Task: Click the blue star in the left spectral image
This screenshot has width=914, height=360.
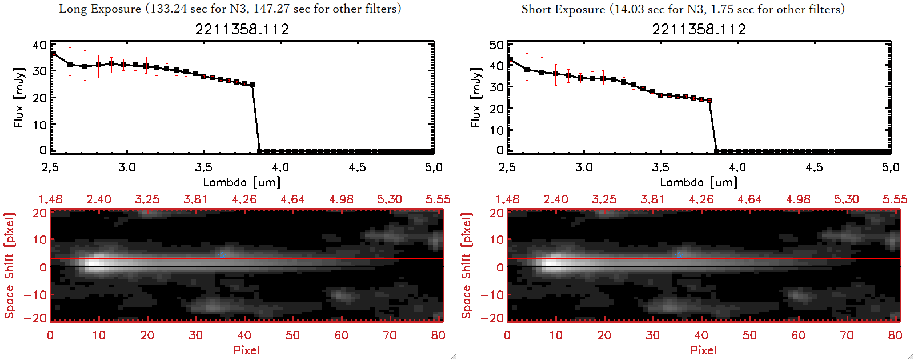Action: point(222,254)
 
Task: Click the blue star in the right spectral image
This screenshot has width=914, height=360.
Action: point(679,254)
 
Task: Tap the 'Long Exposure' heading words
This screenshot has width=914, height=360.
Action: point(100,9)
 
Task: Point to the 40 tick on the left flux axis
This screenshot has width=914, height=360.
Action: point(39,45)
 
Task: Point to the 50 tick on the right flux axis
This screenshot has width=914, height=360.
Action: point(496,45)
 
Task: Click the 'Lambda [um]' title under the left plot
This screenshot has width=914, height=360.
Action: point(242,182)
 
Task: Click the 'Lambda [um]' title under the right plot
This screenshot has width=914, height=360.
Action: point(699,182)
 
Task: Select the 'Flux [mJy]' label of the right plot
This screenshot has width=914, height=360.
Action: point(475,97)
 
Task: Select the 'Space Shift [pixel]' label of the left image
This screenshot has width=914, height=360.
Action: point(9,266)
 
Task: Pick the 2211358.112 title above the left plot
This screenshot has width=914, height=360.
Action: point(242,29)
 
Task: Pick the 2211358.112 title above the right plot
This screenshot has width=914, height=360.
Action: point(699,29)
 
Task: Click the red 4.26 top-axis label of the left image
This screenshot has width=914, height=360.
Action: point(244,199)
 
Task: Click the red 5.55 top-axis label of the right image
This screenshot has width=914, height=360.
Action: point(895,199)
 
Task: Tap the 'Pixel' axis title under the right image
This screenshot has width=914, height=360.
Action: point(703,350)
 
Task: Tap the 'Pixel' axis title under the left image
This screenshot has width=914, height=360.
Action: point(246,350)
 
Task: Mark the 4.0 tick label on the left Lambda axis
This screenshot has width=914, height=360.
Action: point(280,167)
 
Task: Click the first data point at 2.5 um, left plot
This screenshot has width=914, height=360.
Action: point(53,54)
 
